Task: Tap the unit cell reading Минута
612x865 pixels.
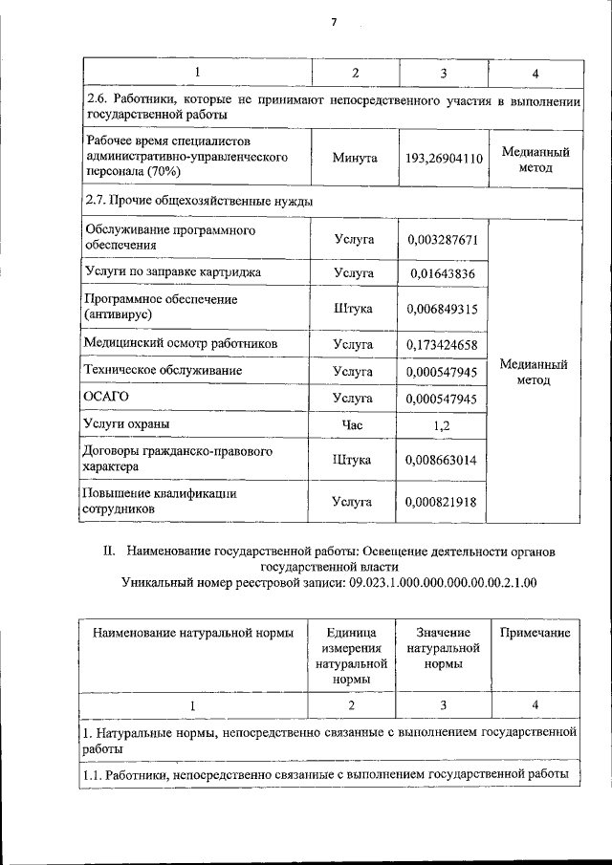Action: tap(353, 157)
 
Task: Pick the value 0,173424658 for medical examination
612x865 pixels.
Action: tap(442, 342)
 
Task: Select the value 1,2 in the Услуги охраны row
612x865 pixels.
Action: tap(442, 423)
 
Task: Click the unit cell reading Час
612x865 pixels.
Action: tap(353, 423)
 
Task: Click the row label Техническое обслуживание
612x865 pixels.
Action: tap(163, 369)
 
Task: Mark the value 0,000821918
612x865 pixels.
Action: tap(442, 501)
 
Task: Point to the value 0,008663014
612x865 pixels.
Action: tap(442, 460)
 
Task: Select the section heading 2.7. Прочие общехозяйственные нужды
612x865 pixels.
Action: tap(199, 201)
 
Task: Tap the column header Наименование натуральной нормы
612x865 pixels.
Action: tap(191, 633)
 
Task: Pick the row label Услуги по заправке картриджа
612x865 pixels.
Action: tap(173, 272)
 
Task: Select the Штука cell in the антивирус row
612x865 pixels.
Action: tap(353, 309)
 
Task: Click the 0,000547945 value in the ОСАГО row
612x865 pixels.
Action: tap(442, 397)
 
